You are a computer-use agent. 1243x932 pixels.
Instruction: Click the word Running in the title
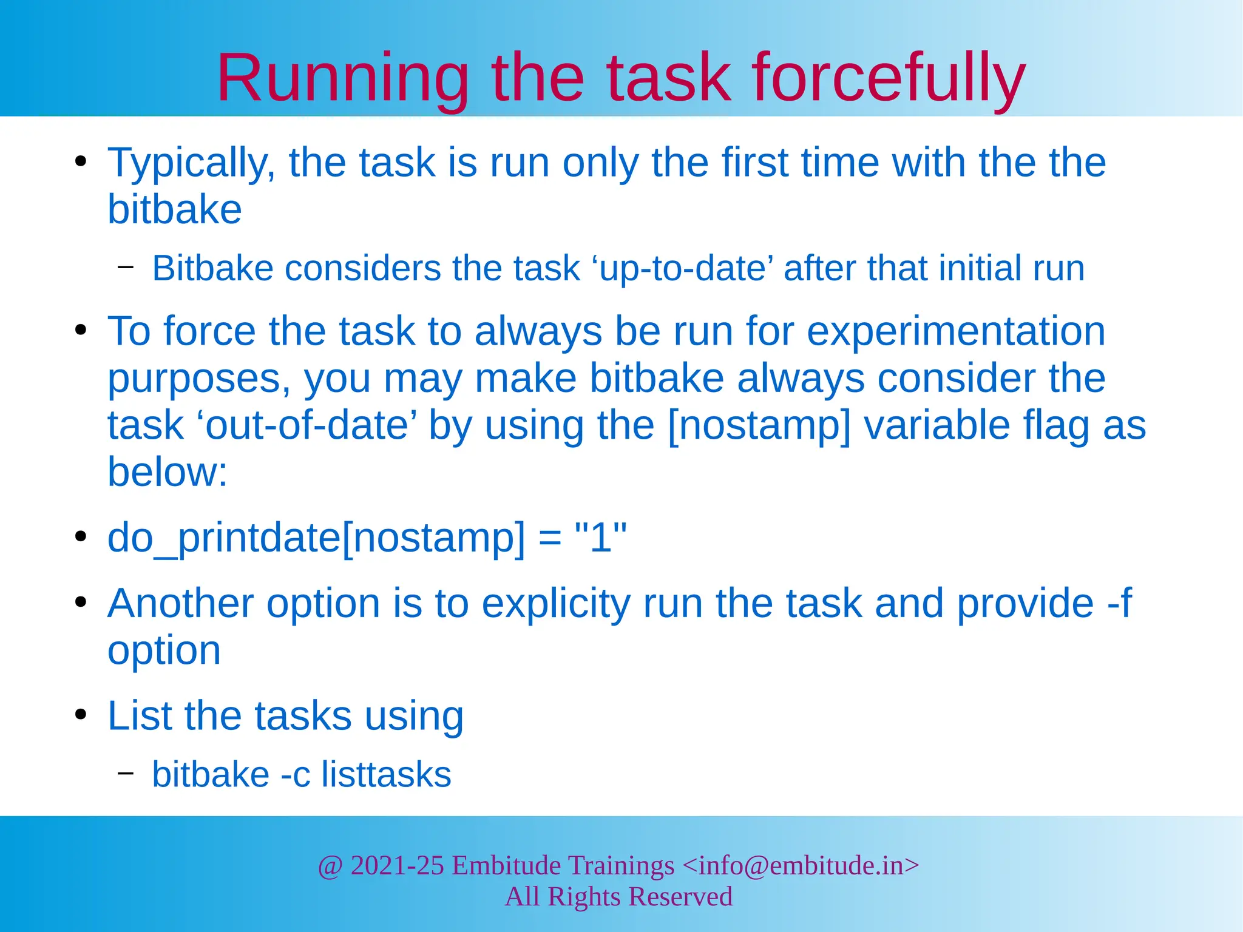343,79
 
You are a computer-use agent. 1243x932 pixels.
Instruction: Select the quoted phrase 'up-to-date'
682,268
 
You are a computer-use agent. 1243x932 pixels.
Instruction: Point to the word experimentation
956,332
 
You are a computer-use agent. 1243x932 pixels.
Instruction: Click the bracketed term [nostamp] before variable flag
759,425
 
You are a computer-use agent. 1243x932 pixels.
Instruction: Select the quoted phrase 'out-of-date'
307,425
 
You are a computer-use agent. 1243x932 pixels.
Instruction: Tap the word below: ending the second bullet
168,472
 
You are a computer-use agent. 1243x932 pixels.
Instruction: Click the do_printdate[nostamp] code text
316,538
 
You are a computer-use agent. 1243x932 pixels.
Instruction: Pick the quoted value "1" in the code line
600,538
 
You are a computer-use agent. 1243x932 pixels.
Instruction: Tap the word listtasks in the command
386,775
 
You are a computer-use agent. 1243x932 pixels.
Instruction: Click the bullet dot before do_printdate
81,538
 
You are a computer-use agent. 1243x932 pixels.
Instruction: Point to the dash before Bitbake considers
126,266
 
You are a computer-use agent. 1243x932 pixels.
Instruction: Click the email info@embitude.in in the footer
801,865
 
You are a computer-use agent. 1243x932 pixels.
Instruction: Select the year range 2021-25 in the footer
398,865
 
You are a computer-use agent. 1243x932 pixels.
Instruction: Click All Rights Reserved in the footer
618,897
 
